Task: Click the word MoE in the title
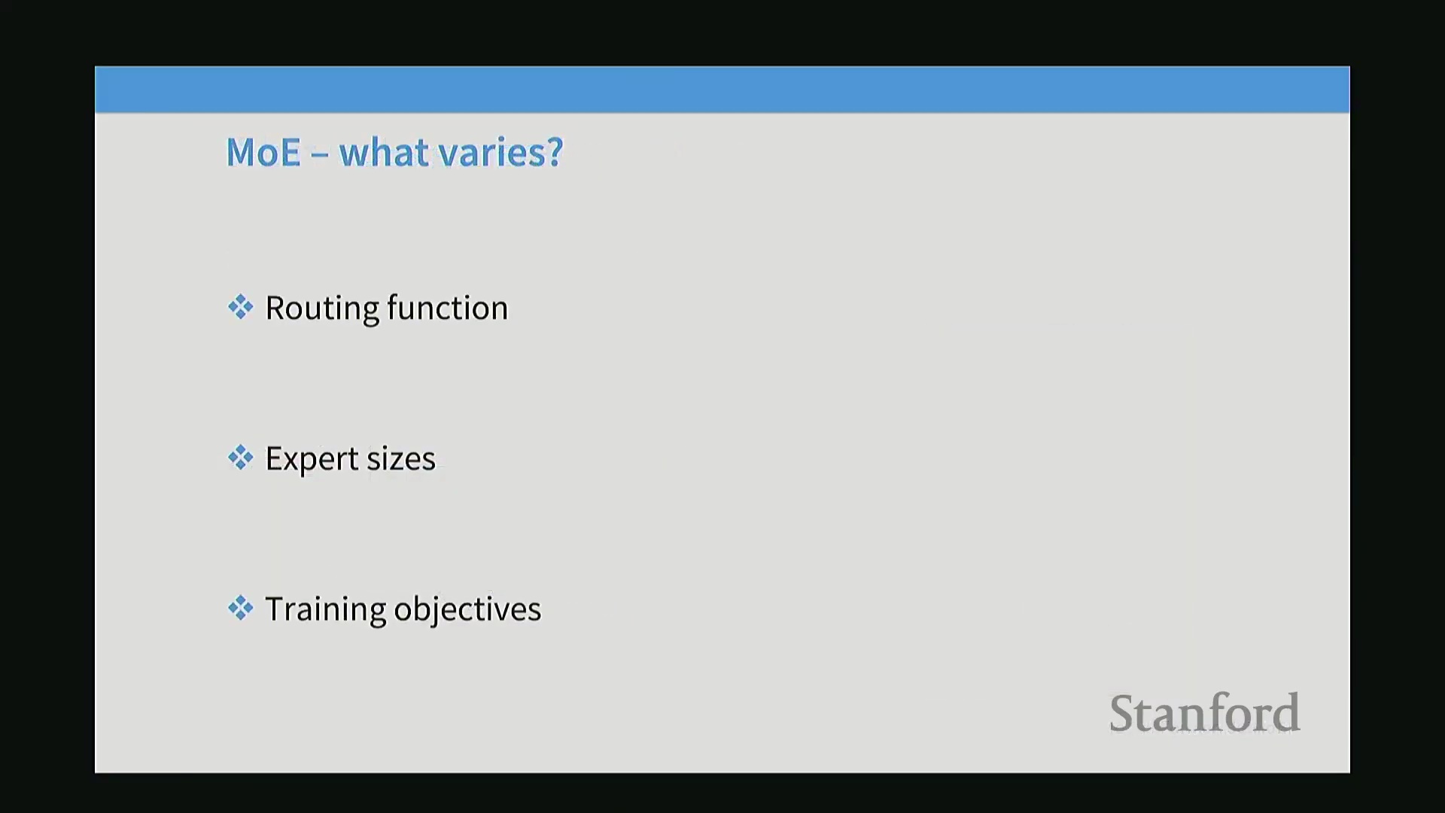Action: [x=263, y=153]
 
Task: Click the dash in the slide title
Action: [x=319, y=155]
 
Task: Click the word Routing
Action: [x=322, y=309]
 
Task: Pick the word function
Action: [x=448, y=307]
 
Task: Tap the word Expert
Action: [x=312, y=459]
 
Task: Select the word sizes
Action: [x=401, y=459]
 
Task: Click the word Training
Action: [x=325, y=610]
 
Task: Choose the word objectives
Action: [x=467, y=610]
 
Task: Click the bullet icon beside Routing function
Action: [x=241, y=307]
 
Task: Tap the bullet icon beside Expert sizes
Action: [x=241, y=458]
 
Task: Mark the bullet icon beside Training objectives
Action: [x=241, y=608]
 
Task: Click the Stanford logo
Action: [x=1204, y=712]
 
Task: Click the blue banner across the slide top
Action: [x=722, y=90]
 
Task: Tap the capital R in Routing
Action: [x=275, y=308]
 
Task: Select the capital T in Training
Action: [x=276, y=609]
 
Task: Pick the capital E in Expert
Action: [x=274, y=458]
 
